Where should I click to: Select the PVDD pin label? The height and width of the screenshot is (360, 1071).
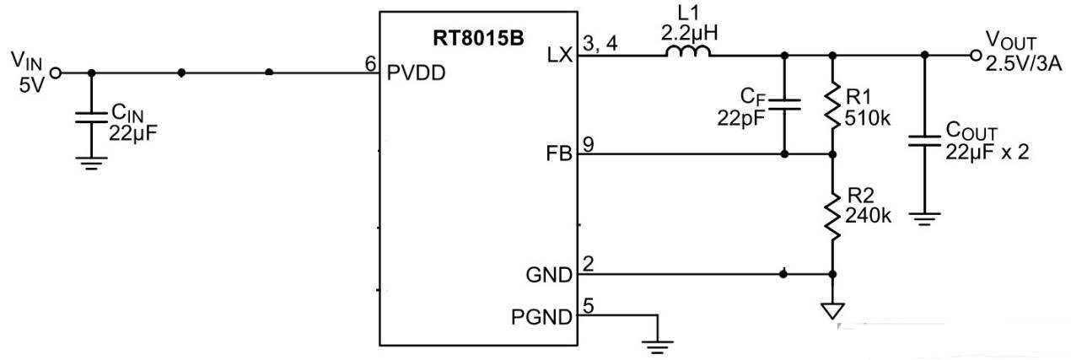[x=415, y=73]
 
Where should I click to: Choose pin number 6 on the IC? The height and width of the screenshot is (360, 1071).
[x=370, y=63]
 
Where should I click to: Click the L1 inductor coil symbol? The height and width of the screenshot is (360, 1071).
[x=687, y=53]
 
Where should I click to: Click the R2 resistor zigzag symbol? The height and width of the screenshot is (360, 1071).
[x=832, y=214]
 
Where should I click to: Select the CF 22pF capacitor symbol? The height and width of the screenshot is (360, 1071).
[x=785, y=105]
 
